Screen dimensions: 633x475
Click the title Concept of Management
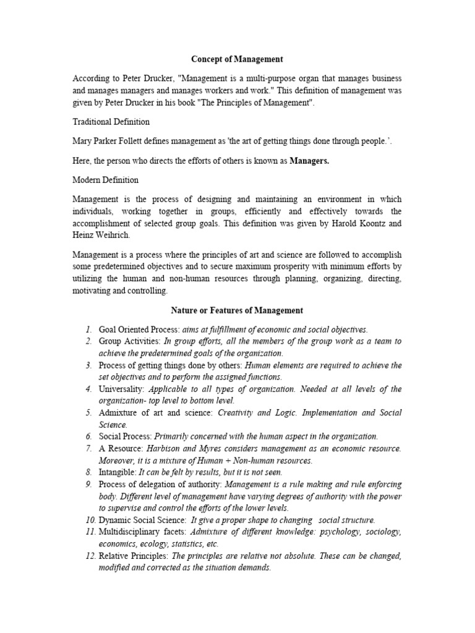(237, 59)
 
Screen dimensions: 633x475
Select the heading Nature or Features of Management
(237, 310)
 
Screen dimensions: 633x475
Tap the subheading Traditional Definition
(111, 122)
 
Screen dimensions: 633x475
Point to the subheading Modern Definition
(106, 180)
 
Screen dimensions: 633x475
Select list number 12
(88, 556)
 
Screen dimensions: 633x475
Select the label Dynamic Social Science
(140, 520)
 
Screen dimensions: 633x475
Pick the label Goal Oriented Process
(135, 329)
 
